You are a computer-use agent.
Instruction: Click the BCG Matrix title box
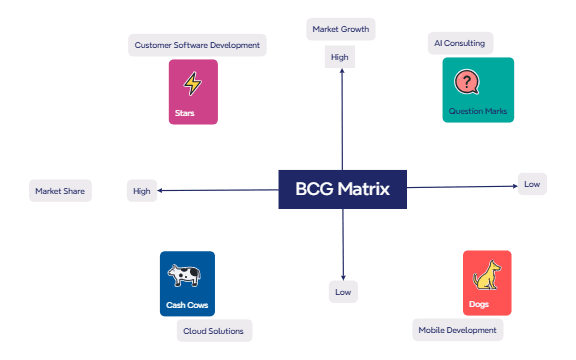343,188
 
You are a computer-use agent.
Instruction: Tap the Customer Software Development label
198,45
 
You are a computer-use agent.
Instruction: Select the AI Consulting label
460,44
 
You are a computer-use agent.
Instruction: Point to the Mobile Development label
457,329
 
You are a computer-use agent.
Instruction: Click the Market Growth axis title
341,29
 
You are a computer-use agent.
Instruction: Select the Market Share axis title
61,191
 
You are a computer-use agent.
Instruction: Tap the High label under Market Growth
340,57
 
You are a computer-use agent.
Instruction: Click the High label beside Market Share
142,191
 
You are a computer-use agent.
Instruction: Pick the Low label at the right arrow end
532,184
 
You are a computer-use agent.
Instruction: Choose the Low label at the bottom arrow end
343,292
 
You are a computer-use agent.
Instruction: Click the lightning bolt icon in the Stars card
192,84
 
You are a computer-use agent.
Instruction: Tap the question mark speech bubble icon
467,82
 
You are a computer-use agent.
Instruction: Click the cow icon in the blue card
184,275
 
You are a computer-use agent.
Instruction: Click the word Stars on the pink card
184,113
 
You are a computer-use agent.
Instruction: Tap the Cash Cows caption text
187,304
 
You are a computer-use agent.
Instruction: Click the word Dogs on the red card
479,304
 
